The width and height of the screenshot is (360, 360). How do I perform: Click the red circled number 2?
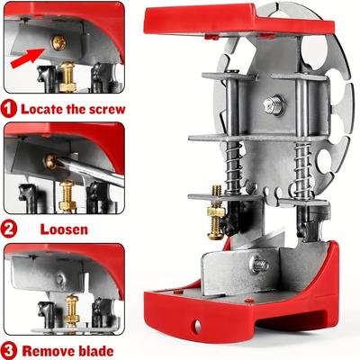[10, 229]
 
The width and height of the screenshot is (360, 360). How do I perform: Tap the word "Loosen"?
[64, 229]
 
